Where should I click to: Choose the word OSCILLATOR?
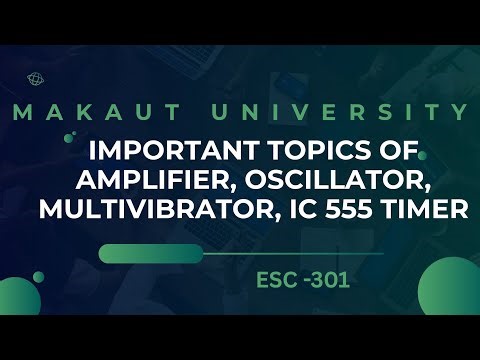coord(342,182)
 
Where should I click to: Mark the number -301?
coord(326,281)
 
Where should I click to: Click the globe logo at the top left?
coord(37,76)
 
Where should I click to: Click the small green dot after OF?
coord(423,154)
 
